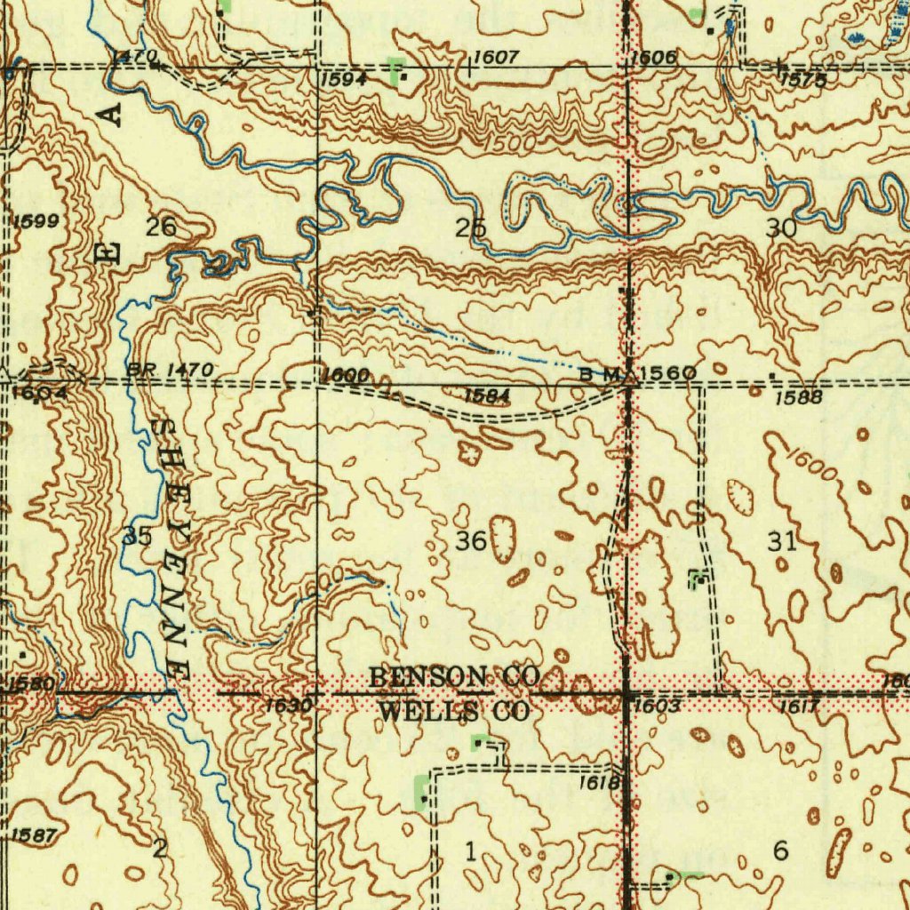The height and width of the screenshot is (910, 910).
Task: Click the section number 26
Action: click(x=161, y=227)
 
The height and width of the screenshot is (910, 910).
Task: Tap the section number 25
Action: click(x=471, y=228)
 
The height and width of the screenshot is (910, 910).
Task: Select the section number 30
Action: click(x=781, y=228)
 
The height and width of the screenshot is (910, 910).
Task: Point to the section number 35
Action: click(x=138, y=536)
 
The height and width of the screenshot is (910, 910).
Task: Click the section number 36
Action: click(x=471, y=540)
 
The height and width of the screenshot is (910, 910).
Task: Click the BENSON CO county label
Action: click(x=454, y=677)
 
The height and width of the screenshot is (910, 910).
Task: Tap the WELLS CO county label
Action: click(x=454, y=712)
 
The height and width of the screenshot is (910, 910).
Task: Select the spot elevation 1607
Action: click(x=495, y=58)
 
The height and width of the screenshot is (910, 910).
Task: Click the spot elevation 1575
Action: click(x=803, y=80)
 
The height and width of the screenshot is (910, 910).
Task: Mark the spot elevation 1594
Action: click(x=343, y=79)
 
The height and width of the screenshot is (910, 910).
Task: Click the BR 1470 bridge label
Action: click(x=170, y=369)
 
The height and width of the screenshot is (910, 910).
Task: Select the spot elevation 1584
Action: click(x=486, y=394)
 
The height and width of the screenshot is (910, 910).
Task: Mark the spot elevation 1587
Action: click(x=35, y=834)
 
